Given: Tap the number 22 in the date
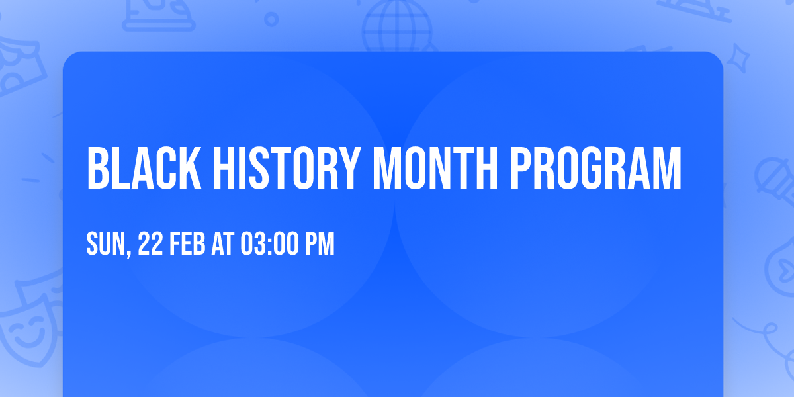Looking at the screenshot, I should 151,244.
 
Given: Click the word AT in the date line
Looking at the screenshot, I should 223,244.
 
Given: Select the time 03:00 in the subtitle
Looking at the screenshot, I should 270,244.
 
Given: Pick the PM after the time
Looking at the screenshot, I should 320,244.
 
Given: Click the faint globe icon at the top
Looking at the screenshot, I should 396,23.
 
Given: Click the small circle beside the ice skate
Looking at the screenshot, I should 271,20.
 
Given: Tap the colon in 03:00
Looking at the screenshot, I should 269,245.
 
